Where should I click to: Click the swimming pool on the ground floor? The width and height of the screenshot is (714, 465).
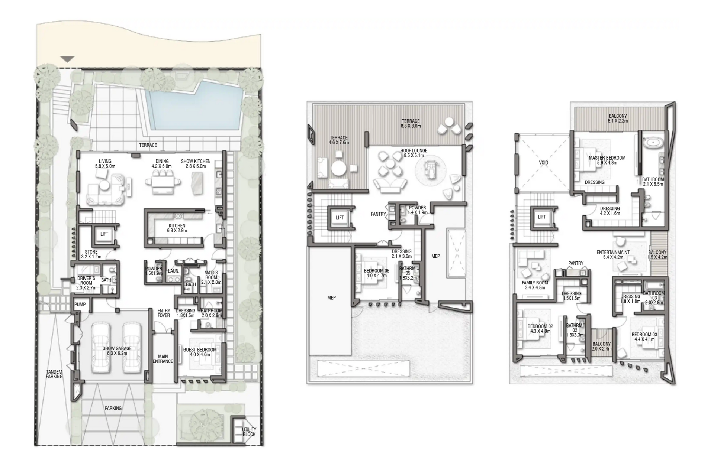click(x=193, y=106)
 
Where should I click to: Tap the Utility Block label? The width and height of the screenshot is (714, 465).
click(x=249, y=432)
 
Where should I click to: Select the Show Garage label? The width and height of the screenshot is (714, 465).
click(x=117, y=351)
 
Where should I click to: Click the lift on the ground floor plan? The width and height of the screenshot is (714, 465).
click(x=104, y=234)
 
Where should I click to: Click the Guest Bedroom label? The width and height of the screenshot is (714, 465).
click(x=200, y=352)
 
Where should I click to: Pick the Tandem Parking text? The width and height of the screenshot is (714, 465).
click(x=54, y=374)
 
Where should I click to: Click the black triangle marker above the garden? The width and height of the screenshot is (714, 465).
click(x=68, y=59)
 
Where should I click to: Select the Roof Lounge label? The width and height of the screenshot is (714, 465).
click(x=414, y=153)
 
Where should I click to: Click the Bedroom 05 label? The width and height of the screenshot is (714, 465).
click(x=376, y=273)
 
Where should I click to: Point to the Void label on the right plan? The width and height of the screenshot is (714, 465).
click(x=543, y=163)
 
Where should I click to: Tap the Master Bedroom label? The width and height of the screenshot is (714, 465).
click(x=607, y=160)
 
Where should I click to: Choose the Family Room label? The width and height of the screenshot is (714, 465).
click(x=535, y=285)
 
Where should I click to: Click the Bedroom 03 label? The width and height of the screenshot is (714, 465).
click(x=644, y=337)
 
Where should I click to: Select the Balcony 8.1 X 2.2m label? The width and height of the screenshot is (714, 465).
click(x=618, y=118)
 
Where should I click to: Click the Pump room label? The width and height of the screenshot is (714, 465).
click(x=80, y=305)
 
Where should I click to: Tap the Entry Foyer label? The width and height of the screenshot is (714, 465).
click(x=164, y=313)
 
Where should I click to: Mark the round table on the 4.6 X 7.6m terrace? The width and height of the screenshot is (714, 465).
click(x=339, y=168)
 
